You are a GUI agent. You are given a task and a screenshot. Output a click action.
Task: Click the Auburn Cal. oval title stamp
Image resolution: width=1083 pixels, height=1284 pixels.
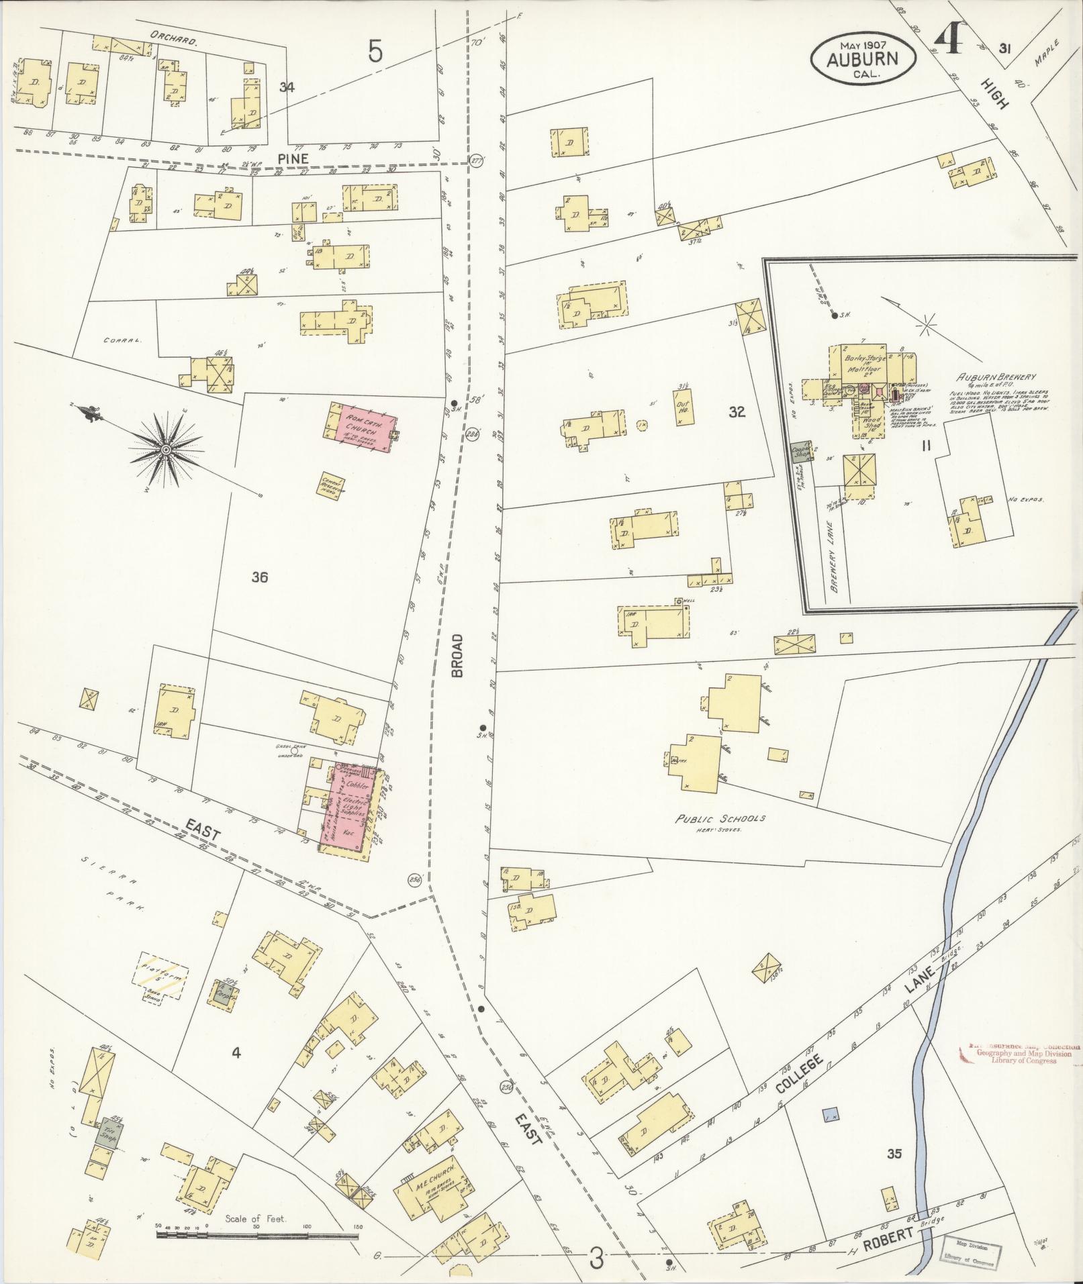click(x=862, y=59)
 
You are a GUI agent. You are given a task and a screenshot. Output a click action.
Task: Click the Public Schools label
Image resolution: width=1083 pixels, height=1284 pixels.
click(x=720, y=819)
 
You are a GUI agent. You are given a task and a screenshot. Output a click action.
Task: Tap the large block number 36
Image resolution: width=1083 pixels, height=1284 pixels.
click(x=260, y=576)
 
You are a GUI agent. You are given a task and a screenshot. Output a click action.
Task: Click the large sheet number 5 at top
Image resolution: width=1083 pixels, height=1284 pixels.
click(x=375, y=52)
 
